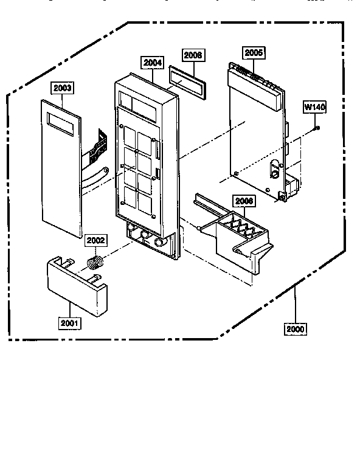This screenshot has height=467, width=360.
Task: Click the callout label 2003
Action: click(62, 88)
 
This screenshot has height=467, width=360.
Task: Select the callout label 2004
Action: click(152, 61)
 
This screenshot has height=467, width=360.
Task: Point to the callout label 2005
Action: click(254, 53)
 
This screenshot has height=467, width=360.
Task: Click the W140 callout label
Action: click(315, 108)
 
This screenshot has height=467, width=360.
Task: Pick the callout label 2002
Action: click(95, 240)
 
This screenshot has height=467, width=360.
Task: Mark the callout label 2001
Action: click(70, 323)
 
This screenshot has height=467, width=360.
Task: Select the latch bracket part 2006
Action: click(237, 231)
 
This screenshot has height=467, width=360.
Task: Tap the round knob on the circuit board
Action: click(274, 173)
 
